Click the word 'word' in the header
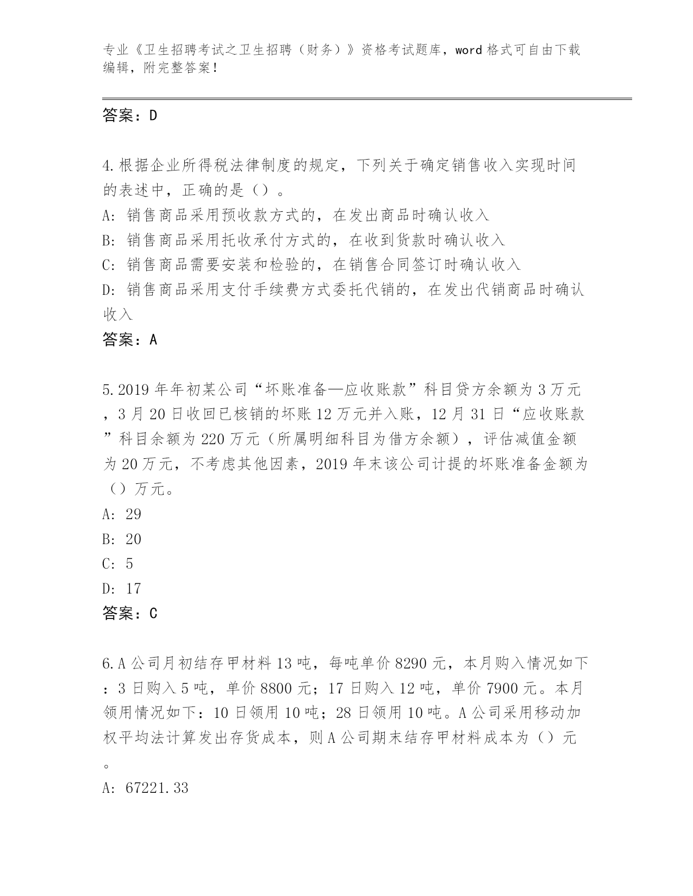coord(468,51)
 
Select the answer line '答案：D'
coord(129,115)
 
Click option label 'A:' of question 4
coord(108,215)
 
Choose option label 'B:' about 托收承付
coord(108,240)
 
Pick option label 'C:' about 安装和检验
coord(108,265)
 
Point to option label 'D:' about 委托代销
coord(108,290)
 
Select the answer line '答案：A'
coord(129,340)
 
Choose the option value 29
coord(133,514)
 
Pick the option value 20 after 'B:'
coord(133,539)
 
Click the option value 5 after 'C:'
coord(129,564)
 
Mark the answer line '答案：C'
coord(129,614)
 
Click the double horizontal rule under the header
coord(367,98)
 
